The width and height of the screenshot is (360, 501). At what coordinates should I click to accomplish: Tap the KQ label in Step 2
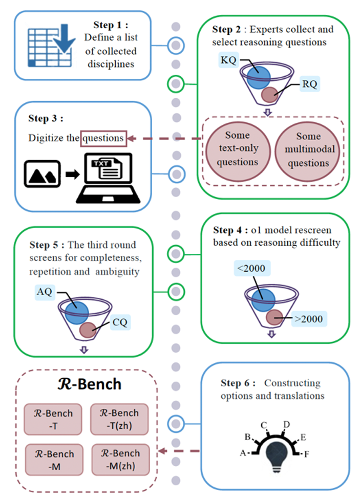pyautogui.click(x=228, y=60)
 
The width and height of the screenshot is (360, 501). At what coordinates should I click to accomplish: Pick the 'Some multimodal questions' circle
pyautogui.click(x=308, y=149)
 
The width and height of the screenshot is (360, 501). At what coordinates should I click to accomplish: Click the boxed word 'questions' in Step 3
pyautogui.click(x=103, y=138)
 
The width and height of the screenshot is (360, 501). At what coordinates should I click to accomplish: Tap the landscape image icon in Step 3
pyautogui.click(x=42, y=175)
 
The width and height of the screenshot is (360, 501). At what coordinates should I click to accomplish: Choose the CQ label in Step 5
pyautogui.click(x=121, y=323)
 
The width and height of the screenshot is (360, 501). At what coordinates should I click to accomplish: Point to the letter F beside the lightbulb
pyautogui.click(x=307, y=454)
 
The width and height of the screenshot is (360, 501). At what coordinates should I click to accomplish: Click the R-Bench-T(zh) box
pyautogui.click(x=119, y=418)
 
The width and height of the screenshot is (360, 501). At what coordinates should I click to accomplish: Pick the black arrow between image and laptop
pyautogui.click(x=72, y=175)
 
